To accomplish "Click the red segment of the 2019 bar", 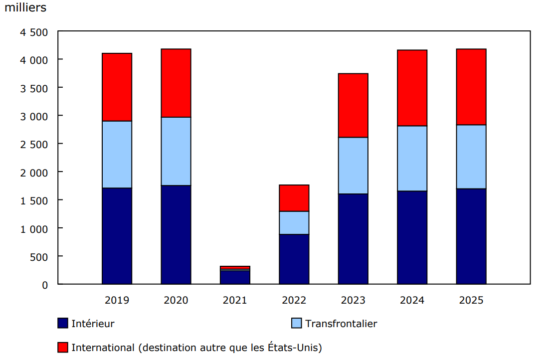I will pos(117,87).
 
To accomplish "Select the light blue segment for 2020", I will pos(176,151).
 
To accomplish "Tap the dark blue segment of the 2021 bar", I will pos(235,277).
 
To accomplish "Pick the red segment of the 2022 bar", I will pos(294,198).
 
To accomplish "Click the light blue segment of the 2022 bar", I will pos(294,222).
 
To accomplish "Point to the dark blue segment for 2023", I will pos(353,239).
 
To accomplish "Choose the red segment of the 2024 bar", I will pos(412,88).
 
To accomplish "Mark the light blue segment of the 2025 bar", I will pos(471,157).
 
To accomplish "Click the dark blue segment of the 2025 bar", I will pos(471,236).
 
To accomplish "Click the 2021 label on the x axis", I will pos(235,300).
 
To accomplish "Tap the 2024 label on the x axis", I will pos(412,300).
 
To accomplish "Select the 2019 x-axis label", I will pos(117,300).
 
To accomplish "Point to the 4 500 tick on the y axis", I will pos(34,32).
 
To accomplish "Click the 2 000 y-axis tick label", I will pos(34,173).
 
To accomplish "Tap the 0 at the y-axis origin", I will pos(45,285).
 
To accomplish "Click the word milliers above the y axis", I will pos(25,8).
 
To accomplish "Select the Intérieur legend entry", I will pos(93,324).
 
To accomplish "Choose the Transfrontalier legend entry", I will pos(341,324).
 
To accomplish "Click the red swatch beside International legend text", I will pos(63,347).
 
